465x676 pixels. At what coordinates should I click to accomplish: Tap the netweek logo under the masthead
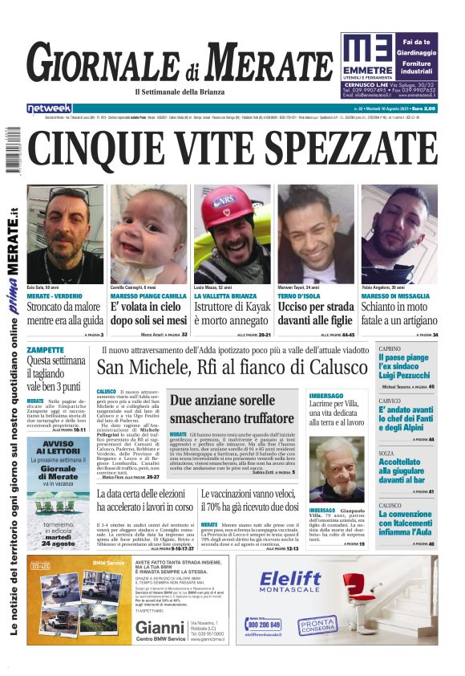(49, 108)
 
